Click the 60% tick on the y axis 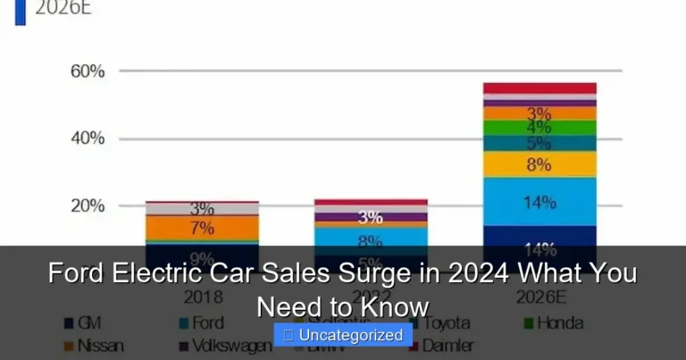click(88, 71)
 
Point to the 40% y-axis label click(88, 138)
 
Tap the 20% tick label click(88, 205)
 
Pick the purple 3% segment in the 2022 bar click(371, 217)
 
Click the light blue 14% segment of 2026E click(540, 202)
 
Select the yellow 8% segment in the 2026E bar click(540, 164)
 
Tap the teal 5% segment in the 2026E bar click(540, 143)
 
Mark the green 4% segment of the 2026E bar click(540, 128)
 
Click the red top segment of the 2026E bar click(540, 88)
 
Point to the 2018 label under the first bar click(203, 297)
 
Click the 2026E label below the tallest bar click(540, 297)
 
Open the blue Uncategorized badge click(343, 335)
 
